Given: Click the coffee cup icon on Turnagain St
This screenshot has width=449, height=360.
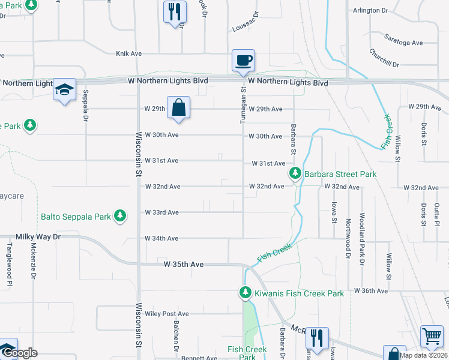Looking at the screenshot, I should [x=244, y=61].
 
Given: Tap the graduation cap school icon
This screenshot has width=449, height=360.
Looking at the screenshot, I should [x=64, y=90].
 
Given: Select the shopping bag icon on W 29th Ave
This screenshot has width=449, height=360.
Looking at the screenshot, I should [x=178, y=108].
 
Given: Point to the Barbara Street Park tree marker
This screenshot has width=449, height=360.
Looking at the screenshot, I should [x=295, y=174].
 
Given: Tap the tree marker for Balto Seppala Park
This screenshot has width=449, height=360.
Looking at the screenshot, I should [x=121, y=215].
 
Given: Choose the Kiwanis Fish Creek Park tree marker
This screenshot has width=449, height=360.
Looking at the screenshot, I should [x=245, y=293].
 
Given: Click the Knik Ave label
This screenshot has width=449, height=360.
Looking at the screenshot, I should [x=128, y=53].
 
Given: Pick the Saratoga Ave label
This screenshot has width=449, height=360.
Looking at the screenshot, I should [x=404, y=43].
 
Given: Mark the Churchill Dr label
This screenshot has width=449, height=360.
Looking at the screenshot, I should [x=384, y=58].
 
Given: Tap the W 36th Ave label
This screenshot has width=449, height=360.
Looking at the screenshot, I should [x=372, y=290].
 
